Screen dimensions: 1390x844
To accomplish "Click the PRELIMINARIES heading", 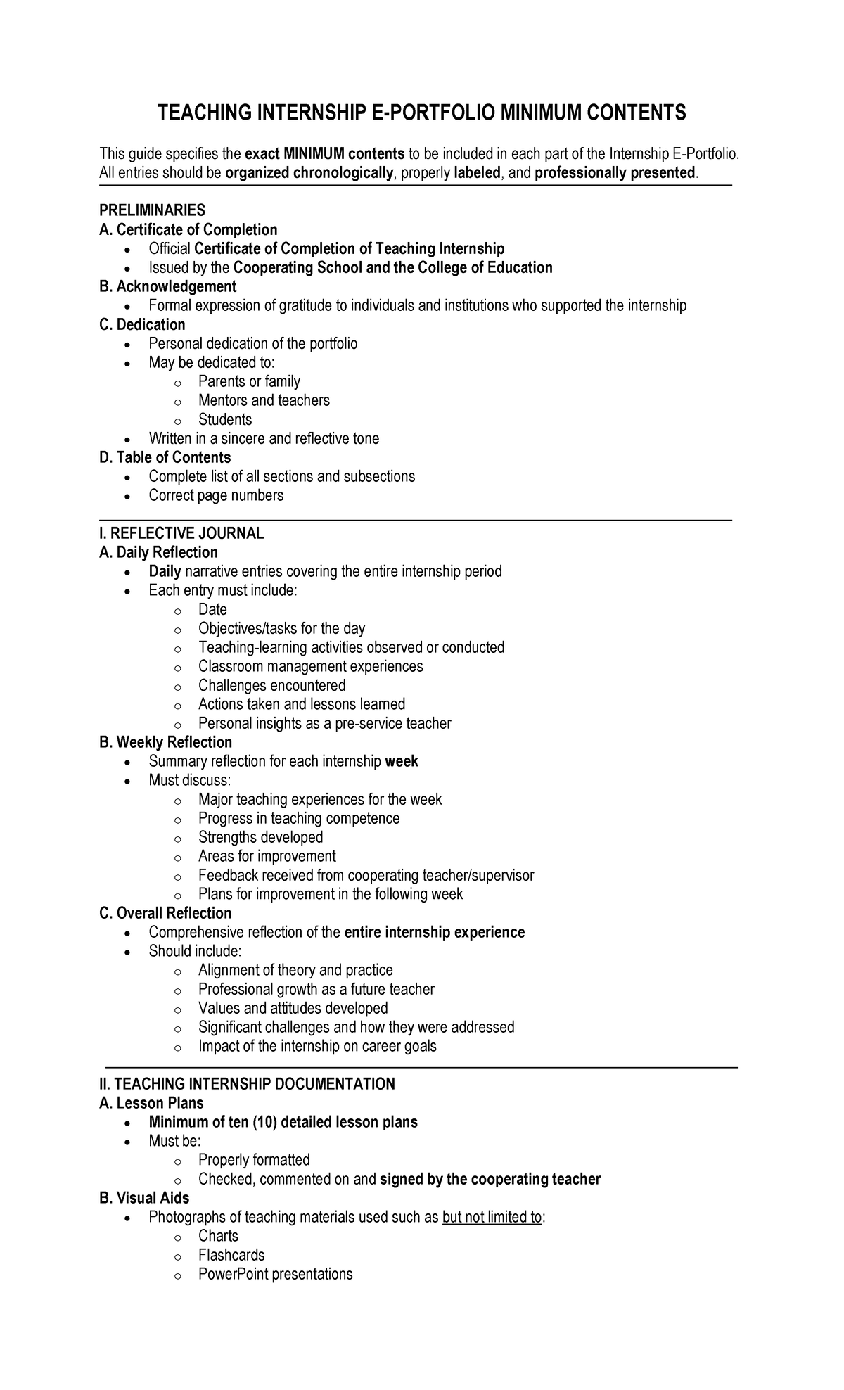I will pos(152,210).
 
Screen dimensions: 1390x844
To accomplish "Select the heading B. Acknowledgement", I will pos(167,286).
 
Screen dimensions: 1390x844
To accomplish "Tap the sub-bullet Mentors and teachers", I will pos(264,400).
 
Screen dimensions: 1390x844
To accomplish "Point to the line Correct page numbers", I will pos(216,495).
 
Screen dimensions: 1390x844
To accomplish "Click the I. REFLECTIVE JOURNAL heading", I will pos(181,533).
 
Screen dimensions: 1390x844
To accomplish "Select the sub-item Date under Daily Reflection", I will pos(212,609).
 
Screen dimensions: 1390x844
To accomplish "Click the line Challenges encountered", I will pos(271,685).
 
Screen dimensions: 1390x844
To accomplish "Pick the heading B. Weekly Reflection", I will pos(165,742).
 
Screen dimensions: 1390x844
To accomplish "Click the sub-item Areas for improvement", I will pos(267,856).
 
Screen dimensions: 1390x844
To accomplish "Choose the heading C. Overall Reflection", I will pos(165,913).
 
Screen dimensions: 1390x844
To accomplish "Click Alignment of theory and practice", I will pos(295,970).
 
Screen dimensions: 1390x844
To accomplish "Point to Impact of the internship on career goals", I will pos(317,1046).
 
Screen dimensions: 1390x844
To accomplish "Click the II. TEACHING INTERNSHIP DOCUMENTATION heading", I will pos(247,1084).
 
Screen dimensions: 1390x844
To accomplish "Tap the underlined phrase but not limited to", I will pos(492,1217).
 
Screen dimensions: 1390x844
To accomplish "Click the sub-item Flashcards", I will pos(231,1255).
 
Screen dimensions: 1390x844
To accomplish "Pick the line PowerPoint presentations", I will pos(275,1274).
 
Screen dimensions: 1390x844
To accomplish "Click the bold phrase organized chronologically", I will pos(309,173).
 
